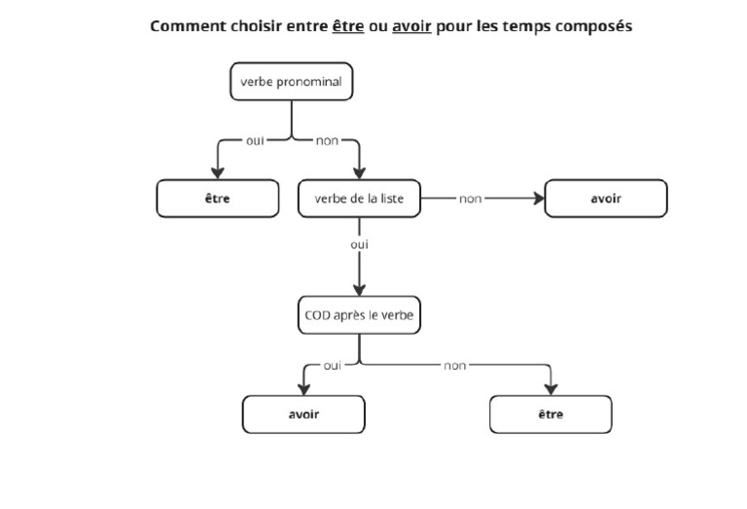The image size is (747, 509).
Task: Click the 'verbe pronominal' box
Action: (x=291, y=82)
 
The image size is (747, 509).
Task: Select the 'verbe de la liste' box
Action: (x=360, y=199)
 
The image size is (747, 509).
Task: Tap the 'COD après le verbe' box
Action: (x=360, y=315)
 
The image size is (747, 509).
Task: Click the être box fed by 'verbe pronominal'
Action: (x=217, y=199)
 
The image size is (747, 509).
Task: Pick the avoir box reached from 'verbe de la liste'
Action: (x=606, y=199)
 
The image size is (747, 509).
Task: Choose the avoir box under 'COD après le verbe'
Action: (x=303, y=415)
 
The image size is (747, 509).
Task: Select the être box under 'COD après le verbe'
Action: (x=551, y=415)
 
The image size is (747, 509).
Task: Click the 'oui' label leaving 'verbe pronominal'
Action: (x=255, y=141)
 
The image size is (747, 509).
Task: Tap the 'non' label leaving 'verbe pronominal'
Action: (x=327, y=141)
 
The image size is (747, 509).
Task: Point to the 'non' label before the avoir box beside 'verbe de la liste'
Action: (x=471, y=199)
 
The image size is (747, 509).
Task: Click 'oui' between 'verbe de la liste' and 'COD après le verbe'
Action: (x=360, y=244)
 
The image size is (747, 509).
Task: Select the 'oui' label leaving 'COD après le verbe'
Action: (x=333, y=365)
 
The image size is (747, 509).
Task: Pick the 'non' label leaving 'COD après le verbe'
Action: (x=454, y=365)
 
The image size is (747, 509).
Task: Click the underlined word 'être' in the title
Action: (x=348, y=26)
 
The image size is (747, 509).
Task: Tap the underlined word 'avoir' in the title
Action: (x=411, y=26)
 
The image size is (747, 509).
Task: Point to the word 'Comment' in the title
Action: (x=182, y=26)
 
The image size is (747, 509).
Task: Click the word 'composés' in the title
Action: (x=593, y=26)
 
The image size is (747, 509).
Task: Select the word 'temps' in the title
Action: (x=526, y=26)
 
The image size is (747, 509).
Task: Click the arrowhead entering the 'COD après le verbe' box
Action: (x=360, y=289)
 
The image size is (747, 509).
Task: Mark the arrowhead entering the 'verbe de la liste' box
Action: (x=360, y=172)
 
